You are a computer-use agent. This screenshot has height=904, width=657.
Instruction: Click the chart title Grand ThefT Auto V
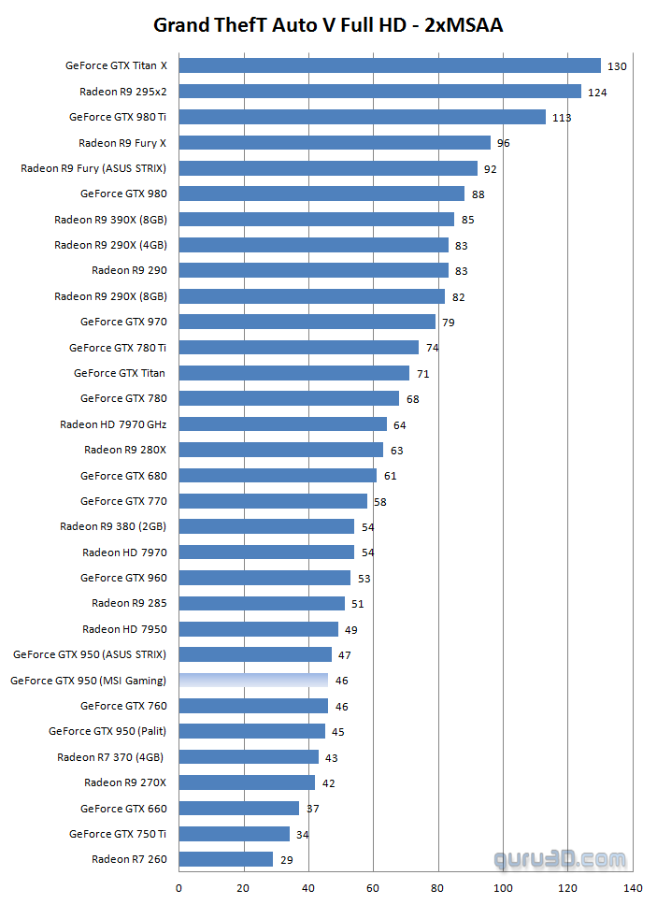click(328, 25)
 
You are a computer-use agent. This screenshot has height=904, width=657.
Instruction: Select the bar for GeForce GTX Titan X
click(389, 65)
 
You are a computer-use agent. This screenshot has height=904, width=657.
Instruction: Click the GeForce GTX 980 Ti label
click(118, 117)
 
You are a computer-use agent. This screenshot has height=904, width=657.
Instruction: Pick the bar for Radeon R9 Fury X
click(334, 143)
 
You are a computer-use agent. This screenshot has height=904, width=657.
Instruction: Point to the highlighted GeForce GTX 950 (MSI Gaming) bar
click(252, 681)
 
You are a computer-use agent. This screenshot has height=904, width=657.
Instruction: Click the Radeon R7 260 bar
click(225, 859)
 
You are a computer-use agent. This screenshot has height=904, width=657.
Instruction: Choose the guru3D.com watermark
click(561, 858)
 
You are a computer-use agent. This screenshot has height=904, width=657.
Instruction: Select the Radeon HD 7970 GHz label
click(113, 424)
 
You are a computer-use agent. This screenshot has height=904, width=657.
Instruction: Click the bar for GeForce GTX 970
click(307, 322)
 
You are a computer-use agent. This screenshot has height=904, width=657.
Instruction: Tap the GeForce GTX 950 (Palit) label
click(107, 731)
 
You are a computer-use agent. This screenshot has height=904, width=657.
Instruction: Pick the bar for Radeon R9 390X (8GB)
click(316, 220)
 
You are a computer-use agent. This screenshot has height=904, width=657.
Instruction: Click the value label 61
click(390, 476)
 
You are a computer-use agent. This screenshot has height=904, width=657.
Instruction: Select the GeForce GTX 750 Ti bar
click(234, 834)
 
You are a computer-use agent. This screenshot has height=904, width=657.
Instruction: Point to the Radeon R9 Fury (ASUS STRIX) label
click(93, 168)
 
